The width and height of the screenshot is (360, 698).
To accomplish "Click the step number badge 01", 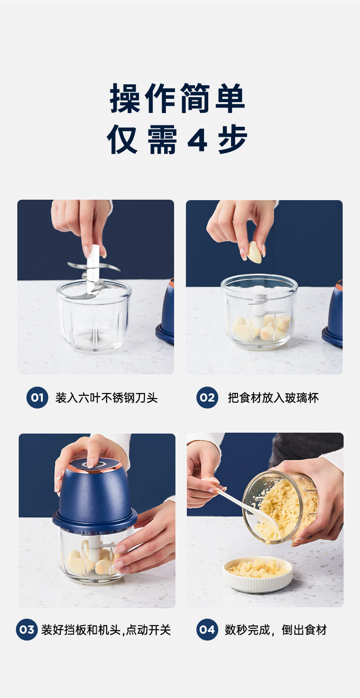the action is (x=37, y=397).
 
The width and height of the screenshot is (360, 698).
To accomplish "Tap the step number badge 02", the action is (x=207, y=397).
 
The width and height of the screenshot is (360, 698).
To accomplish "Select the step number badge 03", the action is (x=27, y=630).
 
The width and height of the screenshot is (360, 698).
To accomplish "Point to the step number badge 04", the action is (x=207, y=630).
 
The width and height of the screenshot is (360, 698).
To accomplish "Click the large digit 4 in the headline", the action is (x=197, y=140).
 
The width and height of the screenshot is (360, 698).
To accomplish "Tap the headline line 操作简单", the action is (x=177, y=98).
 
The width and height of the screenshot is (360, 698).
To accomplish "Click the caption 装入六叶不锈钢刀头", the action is (x=107, y=398).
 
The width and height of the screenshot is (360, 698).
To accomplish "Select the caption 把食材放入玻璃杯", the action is (x=273, y=398).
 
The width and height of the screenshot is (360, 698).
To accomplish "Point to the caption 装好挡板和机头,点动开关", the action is (x=106, y=630).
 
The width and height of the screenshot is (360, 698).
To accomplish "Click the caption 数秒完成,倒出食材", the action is (x=276, y=630).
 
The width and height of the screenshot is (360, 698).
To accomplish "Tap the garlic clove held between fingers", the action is (x=254, y=253).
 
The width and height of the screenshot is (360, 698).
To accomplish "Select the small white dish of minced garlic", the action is (x=257, y=574).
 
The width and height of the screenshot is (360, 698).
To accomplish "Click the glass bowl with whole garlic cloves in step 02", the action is (x=259, y=311).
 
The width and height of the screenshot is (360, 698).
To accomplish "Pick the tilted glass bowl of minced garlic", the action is (x=280, y=507).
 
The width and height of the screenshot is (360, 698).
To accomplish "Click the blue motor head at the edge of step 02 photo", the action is (x=333, y=313).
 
